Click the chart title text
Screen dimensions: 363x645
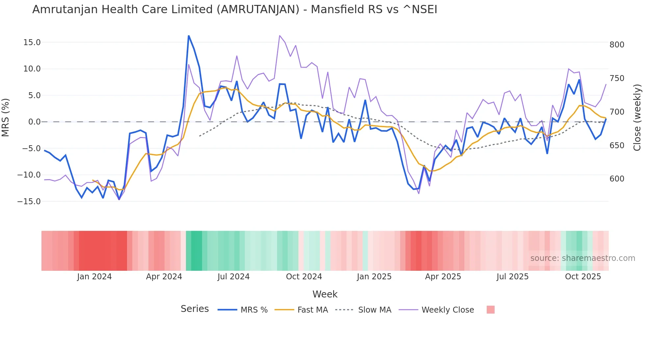tap(235, 10)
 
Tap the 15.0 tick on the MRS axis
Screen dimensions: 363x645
tap(32, 42)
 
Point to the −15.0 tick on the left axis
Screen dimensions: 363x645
tap(29, 201)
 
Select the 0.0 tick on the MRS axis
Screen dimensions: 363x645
tap(34, 122)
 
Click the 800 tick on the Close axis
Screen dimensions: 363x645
tap(617, 45)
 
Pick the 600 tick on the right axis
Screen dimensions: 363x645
tap(617, 179)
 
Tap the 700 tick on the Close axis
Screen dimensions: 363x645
tap(617, 112)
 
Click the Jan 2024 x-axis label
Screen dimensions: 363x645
tap(94, 277)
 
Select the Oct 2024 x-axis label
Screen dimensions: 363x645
tap(304, 277)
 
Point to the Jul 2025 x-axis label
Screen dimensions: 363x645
tap(512, 277)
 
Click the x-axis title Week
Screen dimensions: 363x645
tap(325, 294)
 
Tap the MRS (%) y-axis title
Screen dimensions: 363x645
tap(6, 117)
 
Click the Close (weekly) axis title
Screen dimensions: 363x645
tap(637, 117)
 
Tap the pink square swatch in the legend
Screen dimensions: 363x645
tap(490, 310)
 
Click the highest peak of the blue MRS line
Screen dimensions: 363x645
tap(189, 36)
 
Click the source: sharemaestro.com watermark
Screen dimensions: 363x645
tap(582, 258)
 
